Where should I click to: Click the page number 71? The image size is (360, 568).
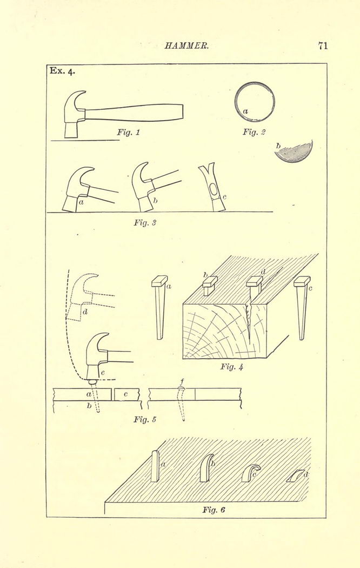pos(323,45)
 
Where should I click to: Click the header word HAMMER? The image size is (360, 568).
pos(186,46)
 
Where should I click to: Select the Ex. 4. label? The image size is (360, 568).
pos(62,71)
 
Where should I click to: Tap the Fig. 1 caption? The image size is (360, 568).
pos(128,132)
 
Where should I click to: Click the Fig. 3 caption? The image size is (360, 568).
pos(145,222)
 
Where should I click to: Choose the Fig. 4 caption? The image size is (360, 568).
pos(231,367)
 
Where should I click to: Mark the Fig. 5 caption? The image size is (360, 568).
pos(145,419)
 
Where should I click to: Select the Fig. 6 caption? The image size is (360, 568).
pos(214,510)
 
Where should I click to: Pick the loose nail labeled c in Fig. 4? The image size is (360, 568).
pos(302,307)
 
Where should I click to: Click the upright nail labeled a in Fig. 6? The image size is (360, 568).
pos(155,466)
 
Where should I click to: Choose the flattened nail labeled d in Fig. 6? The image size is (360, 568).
pos(295,475)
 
